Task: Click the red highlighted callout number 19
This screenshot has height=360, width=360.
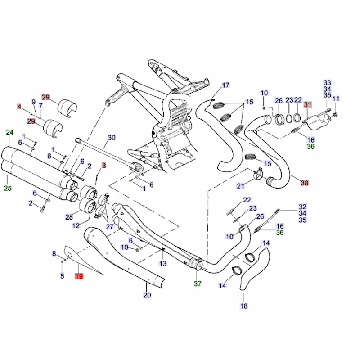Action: pyautogui.click(x=79, y=276)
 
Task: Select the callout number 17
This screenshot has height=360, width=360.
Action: pyautogui.click(x=225, y=85)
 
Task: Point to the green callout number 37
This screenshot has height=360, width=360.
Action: pyautogui.click(x=198, y=283)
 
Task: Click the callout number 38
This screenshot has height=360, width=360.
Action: pyautogui.click(x=305, y=183)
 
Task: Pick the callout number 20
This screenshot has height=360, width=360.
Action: pyautogui.click(x=147, y=295)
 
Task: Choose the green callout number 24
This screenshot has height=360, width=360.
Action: pyautogui.click(x=10, y=132)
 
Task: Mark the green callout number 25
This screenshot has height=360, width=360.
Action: pyautogui.click(x=8, y=188)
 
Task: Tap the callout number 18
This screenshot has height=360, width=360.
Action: pyautogui.click(x=243, y=306)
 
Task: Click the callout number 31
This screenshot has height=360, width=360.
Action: pyautogui.click(x=307, y=105)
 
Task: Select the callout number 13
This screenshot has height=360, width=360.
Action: pyautogui.click(x=163, y=263)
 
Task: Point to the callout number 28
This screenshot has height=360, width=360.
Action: pyautogui.click(x=69, y=217)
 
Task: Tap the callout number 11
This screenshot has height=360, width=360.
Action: pyautogui.click(x=336, y=99)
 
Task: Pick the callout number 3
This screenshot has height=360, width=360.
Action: pyautogui.click(x=103, y=166)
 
